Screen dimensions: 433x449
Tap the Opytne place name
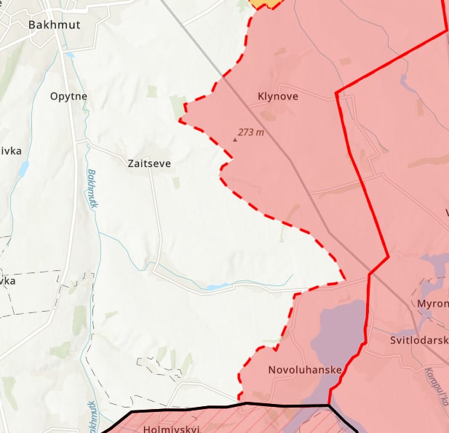click(69, 96)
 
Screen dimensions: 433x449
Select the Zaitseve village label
click(148, 163)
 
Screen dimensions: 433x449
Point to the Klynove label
click(278, 96)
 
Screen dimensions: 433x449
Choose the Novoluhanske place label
click(305, 370)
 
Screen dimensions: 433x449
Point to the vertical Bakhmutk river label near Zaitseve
click(92, 189)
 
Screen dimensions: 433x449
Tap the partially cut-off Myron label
click(432, 303)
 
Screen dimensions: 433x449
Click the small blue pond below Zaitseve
click(217, 287)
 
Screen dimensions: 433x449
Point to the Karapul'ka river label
click(435, 389)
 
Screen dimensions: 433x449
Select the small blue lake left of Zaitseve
click(24, 169)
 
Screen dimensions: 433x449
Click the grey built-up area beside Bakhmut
click(18, 40)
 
